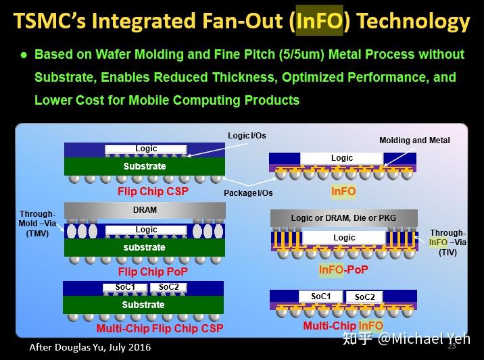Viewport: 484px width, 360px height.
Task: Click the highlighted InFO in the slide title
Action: coord(319,22)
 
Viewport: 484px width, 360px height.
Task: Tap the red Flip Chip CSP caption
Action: coord(153,192)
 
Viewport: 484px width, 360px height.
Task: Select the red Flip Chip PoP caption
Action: coord(153,272)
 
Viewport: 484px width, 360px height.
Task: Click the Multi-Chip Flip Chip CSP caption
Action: coord(160,329)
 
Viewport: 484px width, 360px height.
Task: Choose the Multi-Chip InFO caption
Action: coord(343,327)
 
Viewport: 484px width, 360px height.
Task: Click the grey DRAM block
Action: coord(145,210)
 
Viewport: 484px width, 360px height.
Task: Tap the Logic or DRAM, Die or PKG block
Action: coord(343,218)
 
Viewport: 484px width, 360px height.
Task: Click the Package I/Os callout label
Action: coord(247,193)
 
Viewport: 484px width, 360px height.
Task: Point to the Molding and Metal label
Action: coord(414,140)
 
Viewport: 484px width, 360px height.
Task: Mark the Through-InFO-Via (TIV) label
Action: coord(447,242)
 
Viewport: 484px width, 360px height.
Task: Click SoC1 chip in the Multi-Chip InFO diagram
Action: coord(321,297)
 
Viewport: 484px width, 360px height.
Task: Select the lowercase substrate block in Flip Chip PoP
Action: coord(145,248)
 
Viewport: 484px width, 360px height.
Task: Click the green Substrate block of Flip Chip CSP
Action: coord(145,166)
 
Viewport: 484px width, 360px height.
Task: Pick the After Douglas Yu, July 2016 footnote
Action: coord(90,347)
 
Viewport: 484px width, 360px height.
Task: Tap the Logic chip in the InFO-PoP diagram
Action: coord(344,238)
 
